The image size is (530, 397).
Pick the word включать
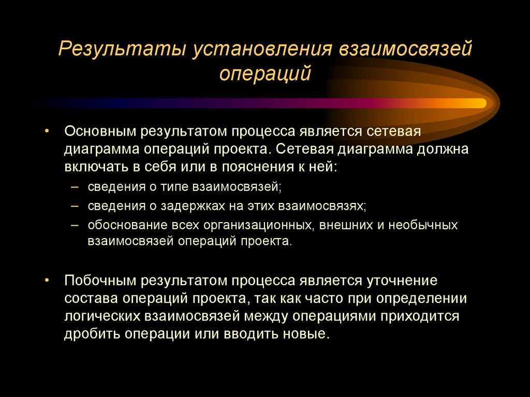point(95,168)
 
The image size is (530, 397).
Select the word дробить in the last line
point(93,333)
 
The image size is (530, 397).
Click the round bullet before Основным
point(47,130)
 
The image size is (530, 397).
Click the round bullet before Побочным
point(47,281)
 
